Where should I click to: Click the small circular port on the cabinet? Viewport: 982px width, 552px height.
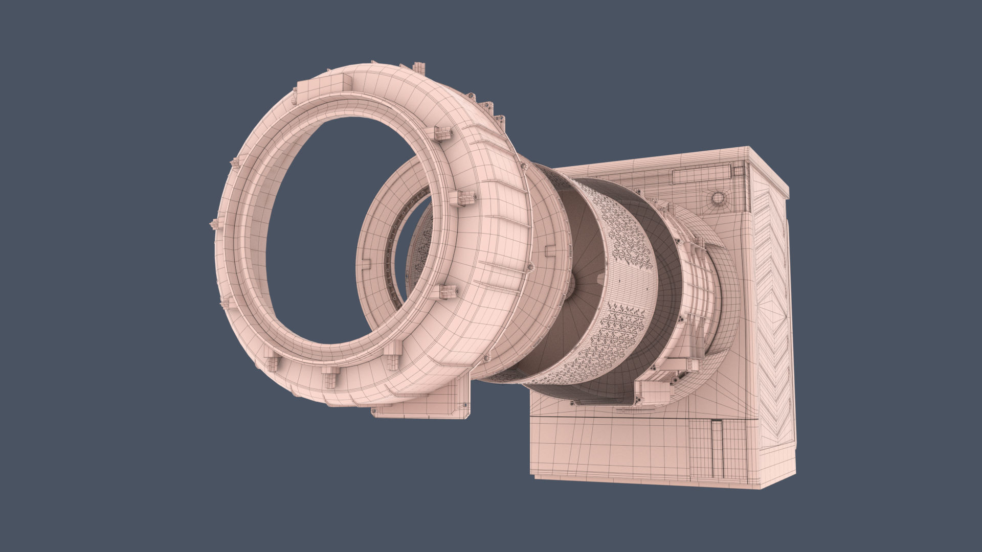coord(718,198)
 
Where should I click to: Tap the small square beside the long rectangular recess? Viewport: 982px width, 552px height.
coord(736,170)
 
